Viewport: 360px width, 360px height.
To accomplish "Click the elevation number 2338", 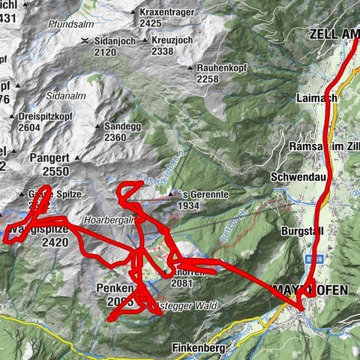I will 163,52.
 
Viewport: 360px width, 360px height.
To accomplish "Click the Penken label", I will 115,287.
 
